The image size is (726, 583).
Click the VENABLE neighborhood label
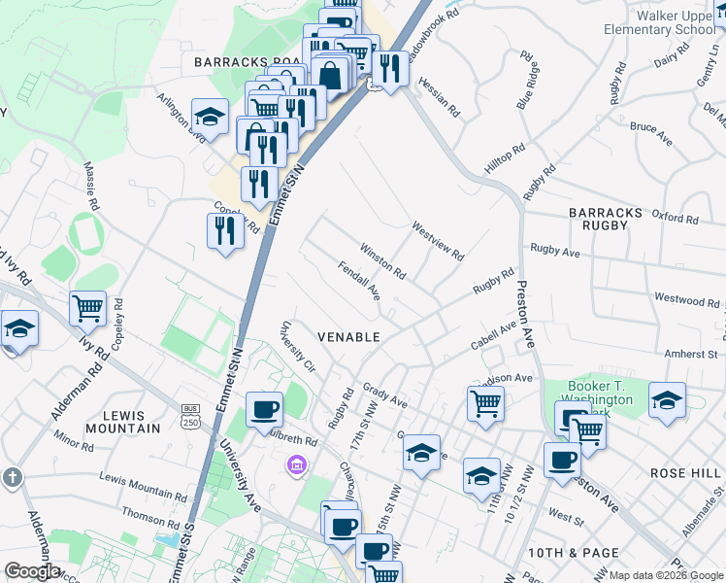tap(348, 336)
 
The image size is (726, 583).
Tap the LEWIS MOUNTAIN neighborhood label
tap(122, 421)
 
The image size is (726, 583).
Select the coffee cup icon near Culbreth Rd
tap(264, 409)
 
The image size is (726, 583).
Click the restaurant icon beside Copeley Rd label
tap(224, 231)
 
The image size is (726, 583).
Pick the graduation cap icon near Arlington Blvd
tap(210, 117)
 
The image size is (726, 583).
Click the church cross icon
tap(12, 477)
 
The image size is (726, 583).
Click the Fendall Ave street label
tap(358, 280)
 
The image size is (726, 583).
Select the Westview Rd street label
tap(438, 242)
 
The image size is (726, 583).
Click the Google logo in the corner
tap(32, 571)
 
